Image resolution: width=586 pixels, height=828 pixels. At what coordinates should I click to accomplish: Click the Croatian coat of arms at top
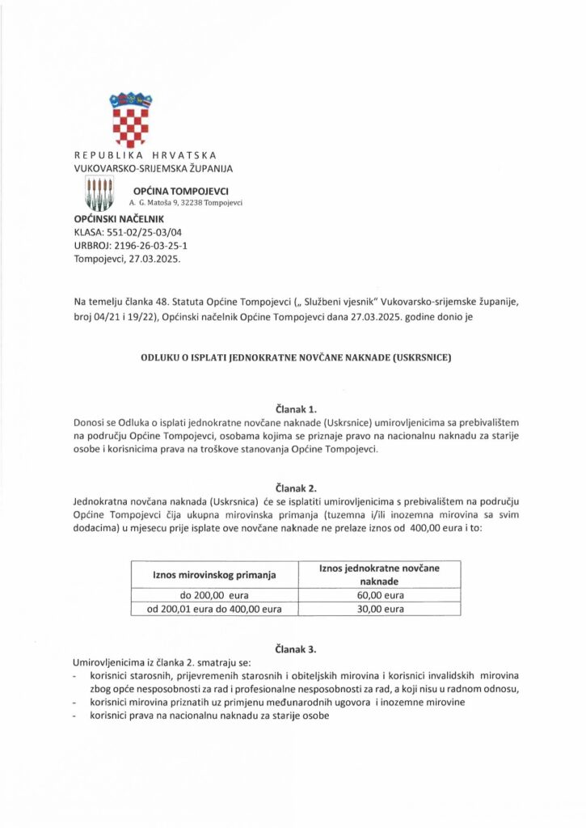(x=131, y=120)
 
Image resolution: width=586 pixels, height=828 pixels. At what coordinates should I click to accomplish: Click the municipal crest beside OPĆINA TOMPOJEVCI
(x=99, y=194)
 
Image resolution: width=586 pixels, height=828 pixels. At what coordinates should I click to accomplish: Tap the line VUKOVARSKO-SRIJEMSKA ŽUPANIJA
(x=153, y=168)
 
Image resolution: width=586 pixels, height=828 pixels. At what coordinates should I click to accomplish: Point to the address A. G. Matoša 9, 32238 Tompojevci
(x=186, y=203)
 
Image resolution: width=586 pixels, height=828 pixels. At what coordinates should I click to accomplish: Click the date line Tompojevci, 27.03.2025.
(x=127, y=260)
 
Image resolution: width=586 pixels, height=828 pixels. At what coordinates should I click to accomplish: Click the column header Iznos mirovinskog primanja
(x=215, y=575)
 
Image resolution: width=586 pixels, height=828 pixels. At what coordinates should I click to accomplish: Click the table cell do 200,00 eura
(x=215, y=596)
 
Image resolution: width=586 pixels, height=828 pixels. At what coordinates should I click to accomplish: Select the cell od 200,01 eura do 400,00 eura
(x=215, y=610)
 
